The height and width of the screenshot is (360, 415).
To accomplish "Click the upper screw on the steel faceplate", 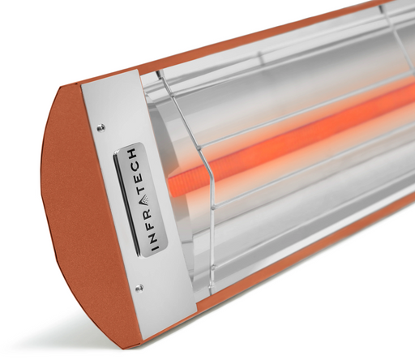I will pyautogui.click(x=101, y=127).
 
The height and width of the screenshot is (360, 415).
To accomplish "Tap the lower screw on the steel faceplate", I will pyautogui.click(x=138, y=287).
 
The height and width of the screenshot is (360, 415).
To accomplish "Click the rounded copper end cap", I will pyautogui.click(x=77, y=211).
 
